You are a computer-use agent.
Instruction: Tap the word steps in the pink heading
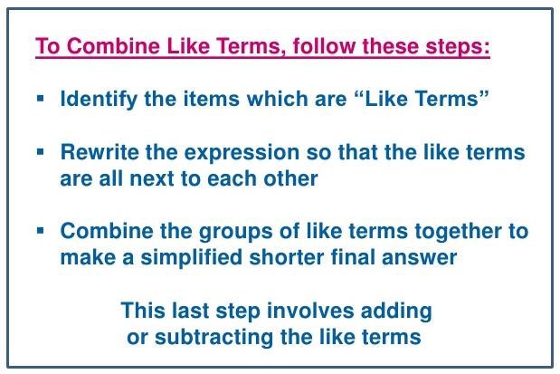click(x=459, y=44)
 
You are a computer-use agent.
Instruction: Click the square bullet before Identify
click(x=41, y=95)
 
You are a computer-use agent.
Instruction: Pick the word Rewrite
click(x=96, y=152)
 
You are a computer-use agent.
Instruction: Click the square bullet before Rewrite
click(x=41, y=149)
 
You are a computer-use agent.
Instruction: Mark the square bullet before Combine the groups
click(x=41, y=228)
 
